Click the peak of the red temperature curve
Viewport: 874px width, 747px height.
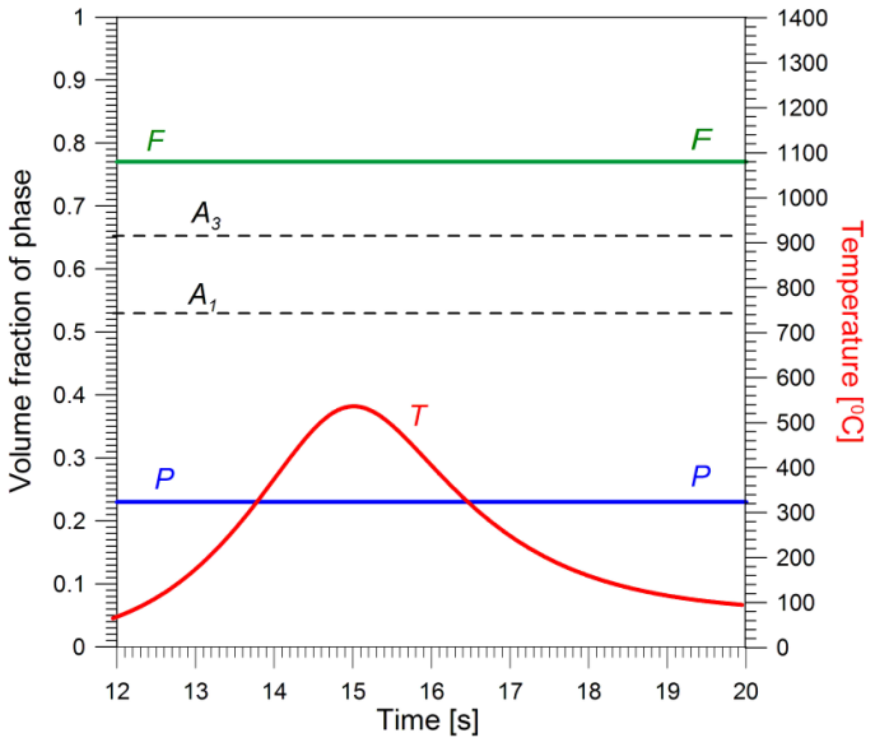click(x=353, y=406)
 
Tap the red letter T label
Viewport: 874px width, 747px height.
click(x=418, y=415)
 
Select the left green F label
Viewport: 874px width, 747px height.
click(x=156, y=140)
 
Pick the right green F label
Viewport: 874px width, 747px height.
click(x=701, y=139)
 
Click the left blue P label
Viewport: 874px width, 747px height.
click(x=164, y=478)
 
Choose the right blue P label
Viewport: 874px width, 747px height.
click(x=700, y=477)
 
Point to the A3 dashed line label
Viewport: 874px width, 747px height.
click(x=206, y=215)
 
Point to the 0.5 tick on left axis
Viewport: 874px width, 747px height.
click(x=70, y=332)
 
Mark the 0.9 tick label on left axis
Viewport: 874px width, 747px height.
click(x=70, y=80)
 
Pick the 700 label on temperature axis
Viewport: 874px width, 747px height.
click(x=796, y=333)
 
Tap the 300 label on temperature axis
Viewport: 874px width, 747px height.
click(x=796, y=513)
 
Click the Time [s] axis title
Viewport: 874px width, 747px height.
click(x=428, y=720)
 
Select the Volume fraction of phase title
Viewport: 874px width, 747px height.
click(x=21, y=331)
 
